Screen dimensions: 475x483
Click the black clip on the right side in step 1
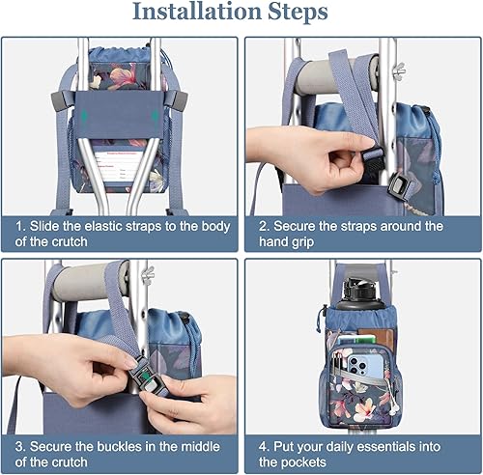[180, 99]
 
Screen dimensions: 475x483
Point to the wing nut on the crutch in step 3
[148, 281]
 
